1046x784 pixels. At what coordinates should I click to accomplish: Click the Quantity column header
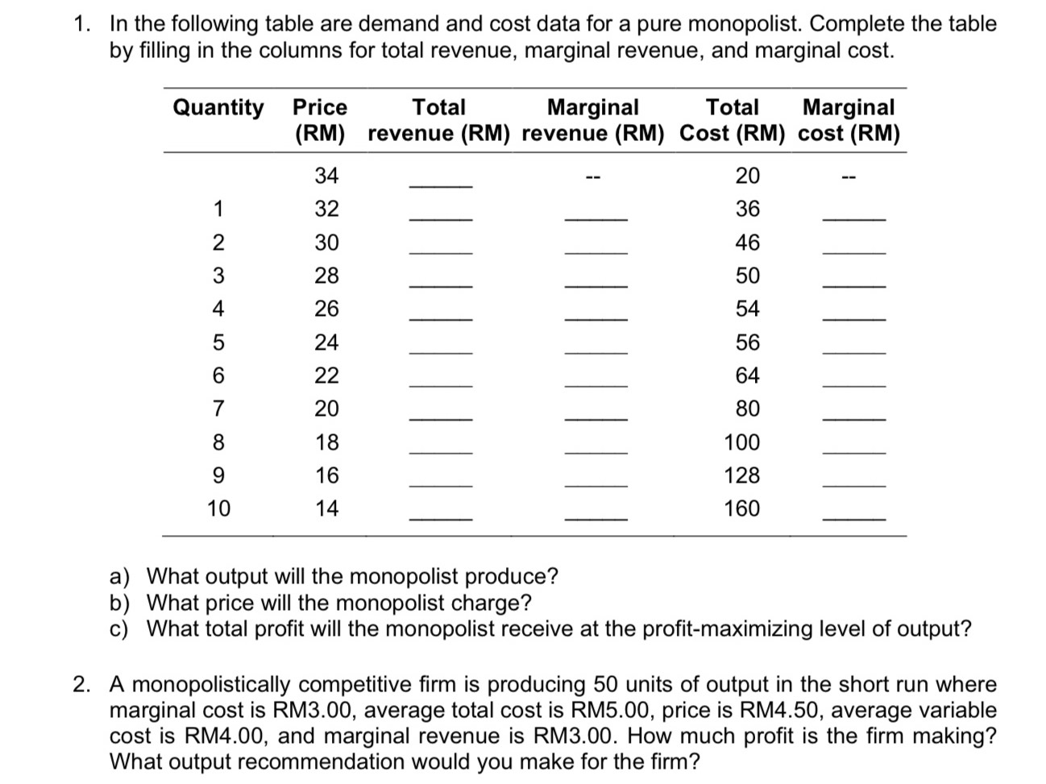[x=218, y=107]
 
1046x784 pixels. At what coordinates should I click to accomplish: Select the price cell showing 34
[x=326, y=176]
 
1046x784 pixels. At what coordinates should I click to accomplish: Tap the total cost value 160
[x=741, y=508]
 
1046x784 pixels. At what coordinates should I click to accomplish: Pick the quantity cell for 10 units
[x=218, y=508]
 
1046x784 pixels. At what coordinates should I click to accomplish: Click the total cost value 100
[x=741, y=442]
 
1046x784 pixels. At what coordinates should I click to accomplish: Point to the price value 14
[x=326, y=508]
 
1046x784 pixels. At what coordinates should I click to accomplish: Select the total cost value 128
[x=741, y=475]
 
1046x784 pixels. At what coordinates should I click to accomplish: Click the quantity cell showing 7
[x=218, y=409]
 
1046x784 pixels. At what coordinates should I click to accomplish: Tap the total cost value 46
[x=747, y=243]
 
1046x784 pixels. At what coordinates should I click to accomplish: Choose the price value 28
[x=326, y=276]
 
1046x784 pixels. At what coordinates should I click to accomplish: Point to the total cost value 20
[x=747, y=176]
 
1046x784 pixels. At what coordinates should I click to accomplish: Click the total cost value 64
[x=747, y=375]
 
